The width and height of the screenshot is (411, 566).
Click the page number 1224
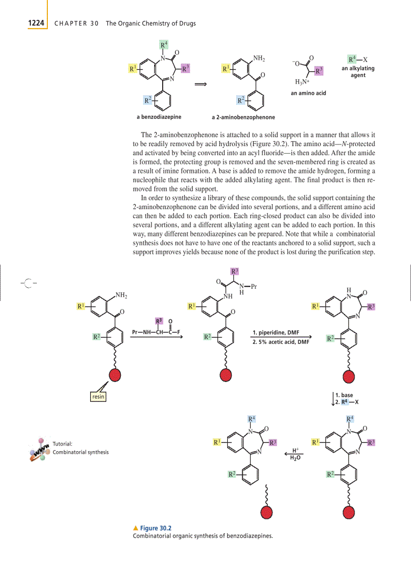click(36, 23)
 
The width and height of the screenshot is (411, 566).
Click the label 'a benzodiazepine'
click(159, 117)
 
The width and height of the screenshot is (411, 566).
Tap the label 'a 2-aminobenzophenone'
click(243, 117)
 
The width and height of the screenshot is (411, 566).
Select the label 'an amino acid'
click(308, 93)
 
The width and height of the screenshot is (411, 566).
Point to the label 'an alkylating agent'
click(358, 72)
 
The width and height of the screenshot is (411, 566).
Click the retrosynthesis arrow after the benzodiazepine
click(201, 85)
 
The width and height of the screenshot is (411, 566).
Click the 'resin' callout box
click(98, 397)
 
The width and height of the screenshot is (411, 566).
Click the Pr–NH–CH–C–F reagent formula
click(155, 332)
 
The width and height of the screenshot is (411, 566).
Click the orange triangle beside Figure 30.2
click(135, 528)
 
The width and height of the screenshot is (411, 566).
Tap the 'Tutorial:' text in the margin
click(63, 444)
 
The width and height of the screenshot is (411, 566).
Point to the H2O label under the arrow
click(295, 458)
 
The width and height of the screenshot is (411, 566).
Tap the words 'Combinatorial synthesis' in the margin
click(81, 452)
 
